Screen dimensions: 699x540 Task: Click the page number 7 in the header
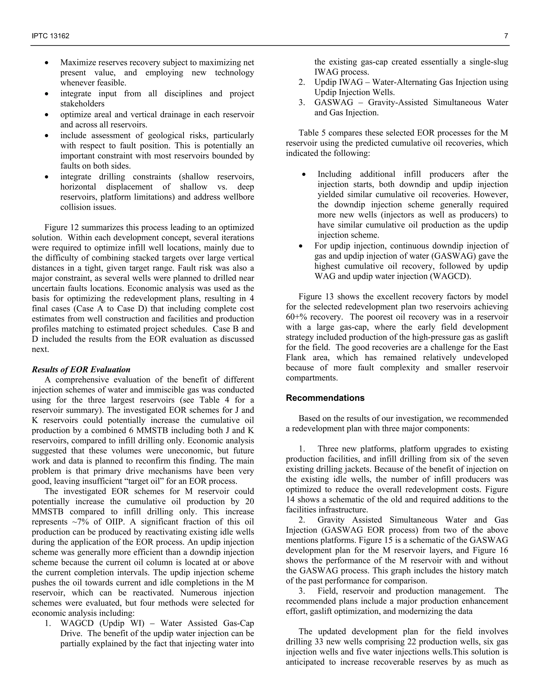coord(506,36)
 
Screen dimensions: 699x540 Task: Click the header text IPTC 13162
coord(51,36)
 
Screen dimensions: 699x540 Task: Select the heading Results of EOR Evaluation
coord(81,369)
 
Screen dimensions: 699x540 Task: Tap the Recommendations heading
coord(325,398)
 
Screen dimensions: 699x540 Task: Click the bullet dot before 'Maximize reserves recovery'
coord(47,63)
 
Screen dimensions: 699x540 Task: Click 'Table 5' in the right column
coord(311,133)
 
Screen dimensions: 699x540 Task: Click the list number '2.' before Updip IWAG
coord(302,82)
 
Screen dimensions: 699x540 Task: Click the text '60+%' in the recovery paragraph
coord(296,317)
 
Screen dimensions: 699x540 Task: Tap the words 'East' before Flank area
coord(500,347)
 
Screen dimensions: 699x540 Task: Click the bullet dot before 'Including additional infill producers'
coord(304,175)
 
